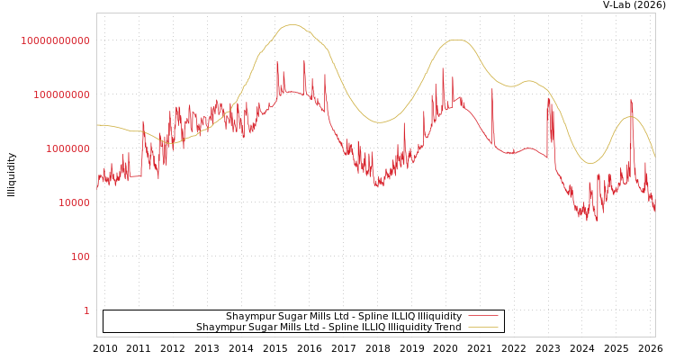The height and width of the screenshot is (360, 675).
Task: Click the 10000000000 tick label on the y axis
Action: pos(55,41)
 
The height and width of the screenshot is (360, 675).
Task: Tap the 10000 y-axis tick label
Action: pos(74,203)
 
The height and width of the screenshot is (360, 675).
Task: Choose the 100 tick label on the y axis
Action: pos(80,257)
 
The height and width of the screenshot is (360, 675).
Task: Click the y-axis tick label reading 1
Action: pos(86,311)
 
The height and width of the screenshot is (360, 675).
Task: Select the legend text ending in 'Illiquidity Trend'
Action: pos(328,328)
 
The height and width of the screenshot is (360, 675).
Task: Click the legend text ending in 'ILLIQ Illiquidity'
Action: pos(344,317)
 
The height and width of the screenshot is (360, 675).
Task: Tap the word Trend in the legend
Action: pos(447,328)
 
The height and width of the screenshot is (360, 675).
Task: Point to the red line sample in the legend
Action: pos(483,317)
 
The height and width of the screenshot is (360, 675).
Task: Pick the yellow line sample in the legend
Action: pos(483,328)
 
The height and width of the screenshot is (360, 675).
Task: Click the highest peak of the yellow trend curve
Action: pos(292,25)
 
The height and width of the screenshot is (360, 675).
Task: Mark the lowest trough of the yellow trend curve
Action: pos(590,163)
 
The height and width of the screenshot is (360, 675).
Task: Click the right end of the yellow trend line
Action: pos(654,157)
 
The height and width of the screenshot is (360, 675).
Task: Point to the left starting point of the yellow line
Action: pos(97,125)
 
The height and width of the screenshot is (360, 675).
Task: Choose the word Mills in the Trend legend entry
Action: pos(296,328)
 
